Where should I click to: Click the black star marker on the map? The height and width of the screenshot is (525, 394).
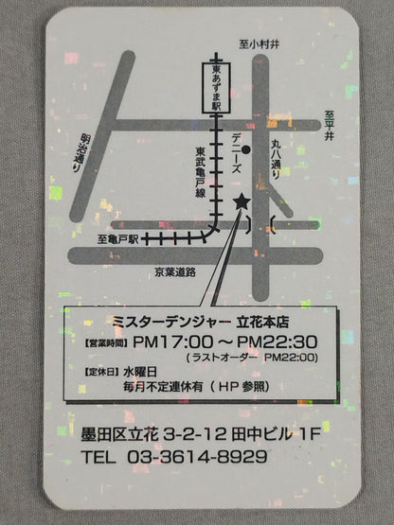pyautogui.click(x=241, y=201)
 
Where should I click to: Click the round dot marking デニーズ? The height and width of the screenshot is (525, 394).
pyautogui.click(x=245, y=147)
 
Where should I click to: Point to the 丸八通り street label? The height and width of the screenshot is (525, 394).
pyautogui.click(x=277, y=159)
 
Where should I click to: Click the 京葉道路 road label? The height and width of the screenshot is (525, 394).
pyautogui.click(x=175, y=272)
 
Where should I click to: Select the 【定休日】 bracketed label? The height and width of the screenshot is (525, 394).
pyautogui.click(x=101, y=372)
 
